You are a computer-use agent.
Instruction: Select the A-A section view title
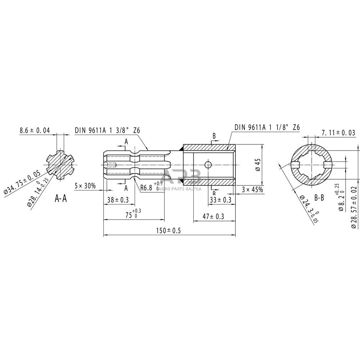[x=60, y=198]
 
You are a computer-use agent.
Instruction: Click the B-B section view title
[x=319, y=198]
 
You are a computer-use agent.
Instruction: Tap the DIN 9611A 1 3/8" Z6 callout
[x=107, y=130]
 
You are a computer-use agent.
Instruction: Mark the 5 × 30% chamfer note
[x=85, y=186]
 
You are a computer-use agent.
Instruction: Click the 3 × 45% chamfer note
[x=252, y=189]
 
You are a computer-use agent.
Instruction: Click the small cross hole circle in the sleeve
[x=208, y=165]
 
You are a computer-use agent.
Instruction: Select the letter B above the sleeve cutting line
[x=214, y=136]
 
